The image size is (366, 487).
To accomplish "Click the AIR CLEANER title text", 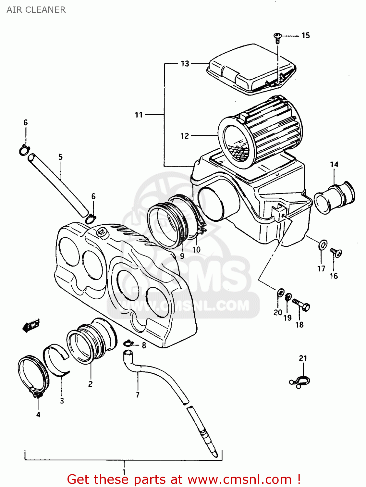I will [x=36, y=10].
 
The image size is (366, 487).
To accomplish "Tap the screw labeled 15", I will [x=277, y=38].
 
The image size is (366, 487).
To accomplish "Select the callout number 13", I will [x=185, y=64].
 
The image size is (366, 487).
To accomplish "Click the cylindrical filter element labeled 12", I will [x=260, y=133].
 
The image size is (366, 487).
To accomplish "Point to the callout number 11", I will [x=139, y=115].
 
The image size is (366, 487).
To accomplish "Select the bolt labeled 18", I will [x=302, y=305].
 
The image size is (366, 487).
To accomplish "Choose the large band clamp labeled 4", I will [x=32, y=377].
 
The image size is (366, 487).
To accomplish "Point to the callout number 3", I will [x=62, y=401].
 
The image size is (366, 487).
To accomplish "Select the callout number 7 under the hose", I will [x=138, y=395].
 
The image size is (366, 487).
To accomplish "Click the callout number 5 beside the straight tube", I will [x=61, y=157].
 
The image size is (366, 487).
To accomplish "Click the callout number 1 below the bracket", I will [x=124, y=472].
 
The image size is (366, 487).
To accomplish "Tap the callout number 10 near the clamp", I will [x=196, y=250].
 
